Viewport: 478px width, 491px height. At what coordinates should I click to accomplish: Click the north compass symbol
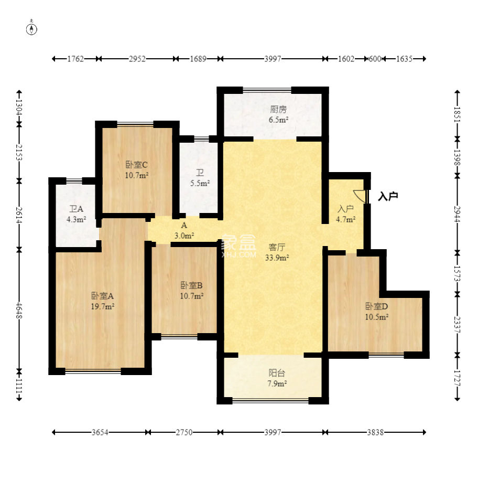pos(31,28)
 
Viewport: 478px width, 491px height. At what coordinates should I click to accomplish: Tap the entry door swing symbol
pos(360,196)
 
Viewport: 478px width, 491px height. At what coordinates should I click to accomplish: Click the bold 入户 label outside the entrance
pos(388,196)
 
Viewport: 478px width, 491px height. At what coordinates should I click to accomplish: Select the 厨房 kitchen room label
pos(278,109)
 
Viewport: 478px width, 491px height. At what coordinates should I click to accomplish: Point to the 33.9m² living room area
pos(277,258)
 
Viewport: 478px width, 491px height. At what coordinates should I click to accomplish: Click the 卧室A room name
pos(102,296)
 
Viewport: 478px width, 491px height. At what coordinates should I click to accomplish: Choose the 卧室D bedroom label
pos(377,306)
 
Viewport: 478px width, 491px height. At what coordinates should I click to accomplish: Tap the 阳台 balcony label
pos(277,373)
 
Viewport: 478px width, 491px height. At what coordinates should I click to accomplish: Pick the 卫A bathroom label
pos(77,209)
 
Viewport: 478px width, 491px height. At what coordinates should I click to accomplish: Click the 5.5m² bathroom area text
pos(200,183)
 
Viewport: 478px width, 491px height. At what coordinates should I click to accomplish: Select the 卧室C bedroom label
pos(136,165)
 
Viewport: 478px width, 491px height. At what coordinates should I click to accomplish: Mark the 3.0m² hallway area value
pos(184,236)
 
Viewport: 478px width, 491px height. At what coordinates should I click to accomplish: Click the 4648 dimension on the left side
pos(19,311)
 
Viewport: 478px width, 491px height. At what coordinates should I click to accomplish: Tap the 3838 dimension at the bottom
pos(375,432)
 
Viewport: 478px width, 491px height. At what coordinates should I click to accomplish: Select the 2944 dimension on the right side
pos(458,214)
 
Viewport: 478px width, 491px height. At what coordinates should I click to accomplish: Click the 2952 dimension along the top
pos(137,59)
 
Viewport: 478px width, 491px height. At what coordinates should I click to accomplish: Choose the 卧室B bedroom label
pos(191,285)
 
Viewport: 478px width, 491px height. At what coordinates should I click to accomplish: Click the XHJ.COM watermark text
pos(238,254)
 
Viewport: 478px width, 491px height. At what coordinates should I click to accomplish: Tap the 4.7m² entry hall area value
pos(346,219)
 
